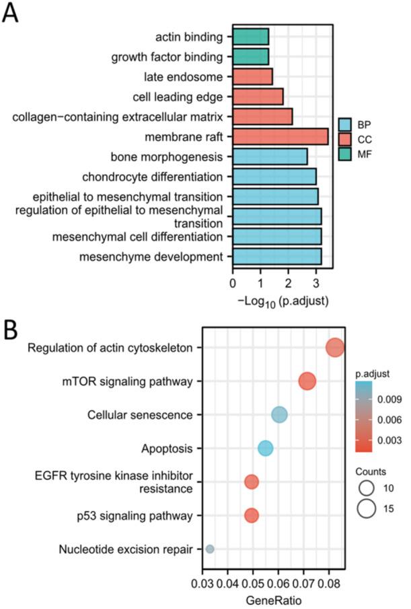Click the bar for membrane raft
coord(280,137)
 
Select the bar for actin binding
coord(250,36)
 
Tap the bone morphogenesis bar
coord(270,157)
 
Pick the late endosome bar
coord(252,77)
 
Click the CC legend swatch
coord(345,140)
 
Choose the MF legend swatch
coord(345,154)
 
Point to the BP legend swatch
coord(345,125)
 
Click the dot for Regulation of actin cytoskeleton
coord(335,348)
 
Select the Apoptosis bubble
coord(266,448)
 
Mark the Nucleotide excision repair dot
coord(210,549)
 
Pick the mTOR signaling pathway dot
coord(307,381)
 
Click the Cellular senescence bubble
coord(279,415)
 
